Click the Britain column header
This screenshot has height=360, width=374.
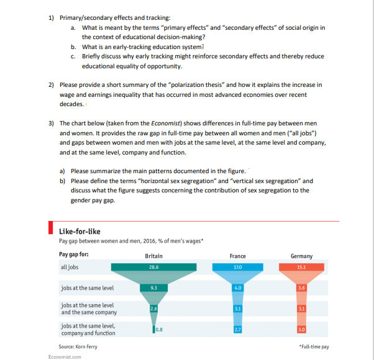(x=153, y=256)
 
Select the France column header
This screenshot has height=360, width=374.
(x=237, y=256)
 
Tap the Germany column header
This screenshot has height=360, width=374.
(x=301, y=256)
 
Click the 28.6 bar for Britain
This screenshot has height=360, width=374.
(x=153, y=268)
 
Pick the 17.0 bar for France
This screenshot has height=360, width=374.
(x=237, y=268)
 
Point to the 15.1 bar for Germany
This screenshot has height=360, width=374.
(x=301, y=268)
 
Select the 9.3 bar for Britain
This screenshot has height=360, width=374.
(x=153, y=288)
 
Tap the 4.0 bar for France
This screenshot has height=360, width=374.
(x=237, y=288)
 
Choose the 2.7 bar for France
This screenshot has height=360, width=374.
(x=237, y=329)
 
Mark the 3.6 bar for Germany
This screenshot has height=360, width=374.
(x=301, y=288)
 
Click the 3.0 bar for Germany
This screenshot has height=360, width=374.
(x=301, y=329)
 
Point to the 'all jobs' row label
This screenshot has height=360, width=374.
(x=70, y=268)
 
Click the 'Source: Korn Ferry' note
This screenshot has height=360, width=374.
(x=78, y=346)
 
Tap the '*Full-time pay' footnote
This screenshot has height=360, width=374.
(x=314, y=346)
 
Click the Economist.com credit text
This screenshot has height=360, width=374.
(x=64, y=356)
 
